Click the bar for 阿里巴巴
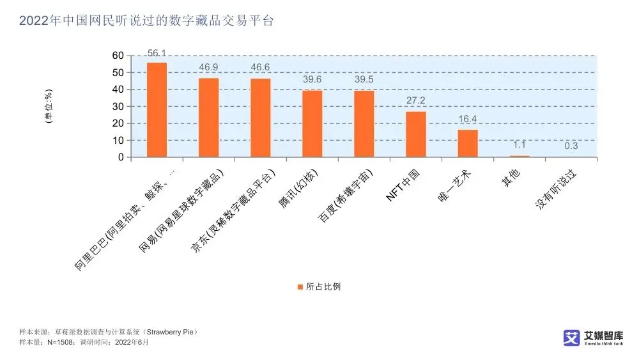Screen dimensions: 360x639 [157, 109]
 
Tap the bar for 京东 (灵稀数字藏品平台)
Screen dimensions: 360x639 [260, 118]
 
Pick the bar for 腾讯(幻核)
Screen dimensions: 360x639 [312, 123]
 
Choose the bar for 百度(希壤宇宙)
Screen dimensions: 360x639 [364, 123]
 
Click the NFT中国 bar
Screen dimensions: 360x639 [415, 134]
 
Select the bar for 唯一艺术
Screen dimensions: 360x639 [467, 143]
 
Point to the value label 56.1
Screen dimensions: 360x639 [157, 52]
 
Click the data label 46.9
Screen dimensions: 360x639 [208, 67]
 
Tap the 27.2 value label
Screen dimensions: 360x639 [415, 101]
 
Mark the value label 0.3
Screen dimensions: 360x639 [571, 146]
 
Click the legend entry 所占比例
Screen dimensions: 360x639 [323, 286]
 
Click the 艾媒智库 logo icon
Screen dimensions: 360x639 [571, 338]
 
